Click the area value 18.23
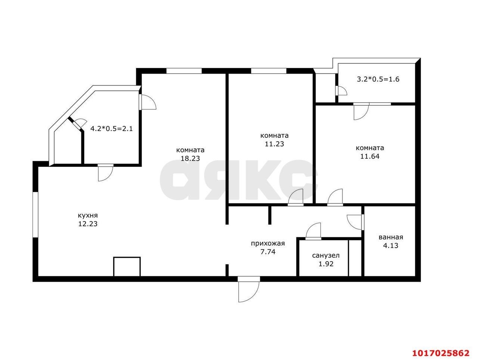point(190,158)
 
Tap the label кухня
point(88,215)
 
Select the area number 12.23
point(88,224)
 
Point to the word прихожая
point(268,243)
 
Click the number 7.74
point(268,252)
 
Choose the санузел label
point(326,255)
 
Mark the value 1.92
point(326,264)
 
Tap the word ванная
point(391,237)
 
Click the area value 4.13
point(391,245)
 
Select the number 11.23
point(274,144)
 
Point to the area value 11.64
point(370,156)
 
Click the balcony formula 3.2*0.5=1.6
point(378,79)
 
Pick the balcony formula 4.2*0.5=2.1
point(112,129)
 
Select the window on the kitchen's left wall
point(35,215)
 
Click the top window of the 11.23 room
point(269,71)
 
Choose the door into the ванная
point(356,222)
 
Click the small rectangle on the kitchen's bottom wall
point(127,267)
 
